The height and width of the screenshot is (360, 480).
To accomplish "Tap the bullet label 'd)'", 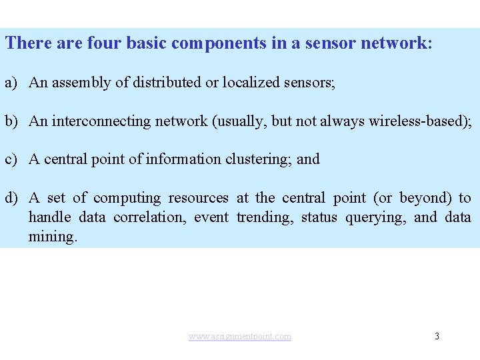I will pyautogui.click(x=12, y=198).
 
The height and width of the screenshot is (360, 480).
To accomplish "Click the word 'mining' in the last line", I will pyautogui.click(x=51, y=237).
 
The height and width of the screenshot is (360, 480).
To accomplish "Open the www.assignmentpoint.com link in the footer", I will pyautogui.click(x=240, y=337).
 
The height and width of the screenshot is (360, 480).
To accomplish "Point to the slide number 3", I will pyautogui.click(x=437, y=336).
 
